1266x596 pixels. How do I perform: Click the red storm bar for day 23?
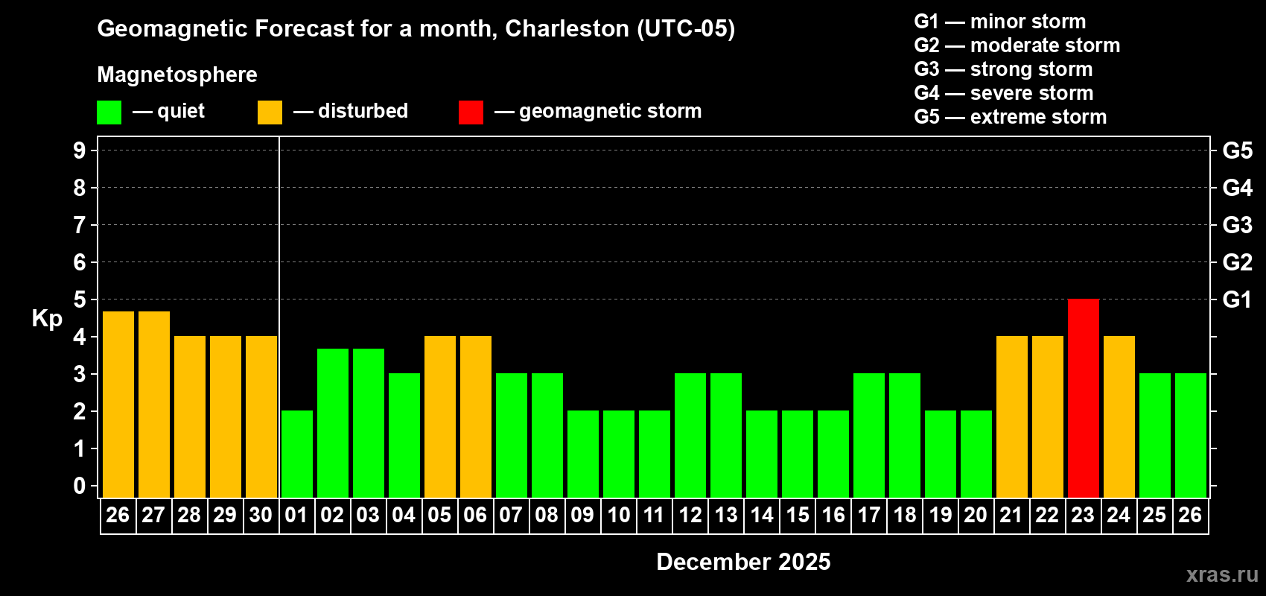tap(1083, 398)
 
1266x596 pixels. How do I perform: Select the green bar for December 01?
tap(296, 454)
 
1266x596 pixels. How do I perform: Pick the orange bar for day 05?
tap(439, 416)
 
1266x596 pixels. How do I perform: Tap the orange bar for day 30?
tap(261, 416)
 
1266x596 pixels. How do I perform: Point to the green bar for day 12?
tap(690, 435)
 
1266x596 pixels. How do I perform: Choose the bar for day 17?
tap(868, 435)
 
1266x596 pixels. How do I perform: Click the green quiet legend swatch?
tap(109, 112)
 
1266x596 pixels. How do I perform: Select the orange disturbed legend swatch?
tap(270, 112)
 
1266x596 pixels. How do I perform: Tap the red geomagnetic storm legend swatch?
tap(471, 112)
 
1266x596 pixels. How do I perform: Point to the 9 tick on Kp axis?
tap(80, 150)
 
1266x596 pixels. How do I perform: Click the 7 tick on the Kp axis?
tap(80, 225)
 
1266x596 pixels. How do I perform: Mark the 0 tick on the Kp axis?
tap(80, 486)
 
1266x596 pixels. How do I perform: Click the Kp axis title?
tap(47, 319)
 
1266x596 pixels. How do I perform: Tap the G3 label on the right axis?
tap(1237, 225)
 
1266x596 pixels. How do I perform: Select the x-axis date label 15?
tap(797, 515)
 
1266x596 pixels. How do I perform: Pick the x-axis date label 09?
tap(582, 515)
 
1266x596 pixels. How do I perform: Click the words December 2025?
tap(743, 562)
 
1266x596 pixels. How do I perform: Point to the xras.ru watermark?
tap(1222, 574)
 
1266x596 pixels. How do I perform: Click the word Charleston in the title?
tap(567, 28)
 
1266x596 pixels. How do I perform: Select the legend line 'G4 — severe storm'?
tap(1003, 93)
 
